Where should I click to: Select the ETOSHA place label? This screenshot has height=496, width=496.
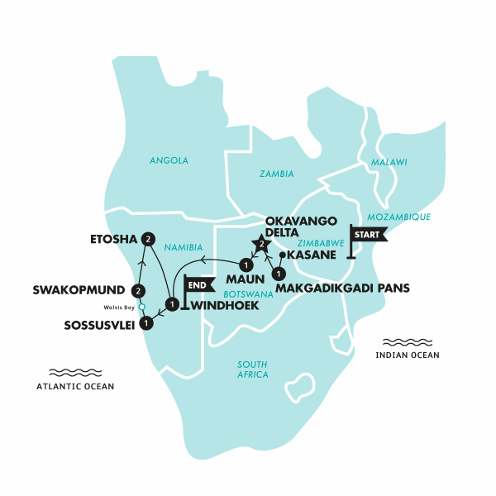(x=114, y=240)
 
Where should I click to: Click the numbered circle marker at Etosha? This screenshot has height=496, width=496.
(x=148, y=239)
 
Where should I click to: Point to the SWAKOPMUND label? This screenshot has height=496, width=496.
(x=79, y=290)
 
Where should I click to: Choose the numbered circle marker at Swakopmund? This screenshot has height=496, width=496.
(x=138, y=290)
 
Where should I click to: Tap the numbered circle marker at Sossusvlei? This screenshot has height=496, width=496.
(x=146, y=323)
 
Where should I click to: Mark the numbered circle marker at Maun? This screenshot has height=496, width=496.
(x=246, y=265)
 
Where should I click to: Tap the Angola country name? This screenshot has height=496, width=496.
(x=169, y=160)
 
